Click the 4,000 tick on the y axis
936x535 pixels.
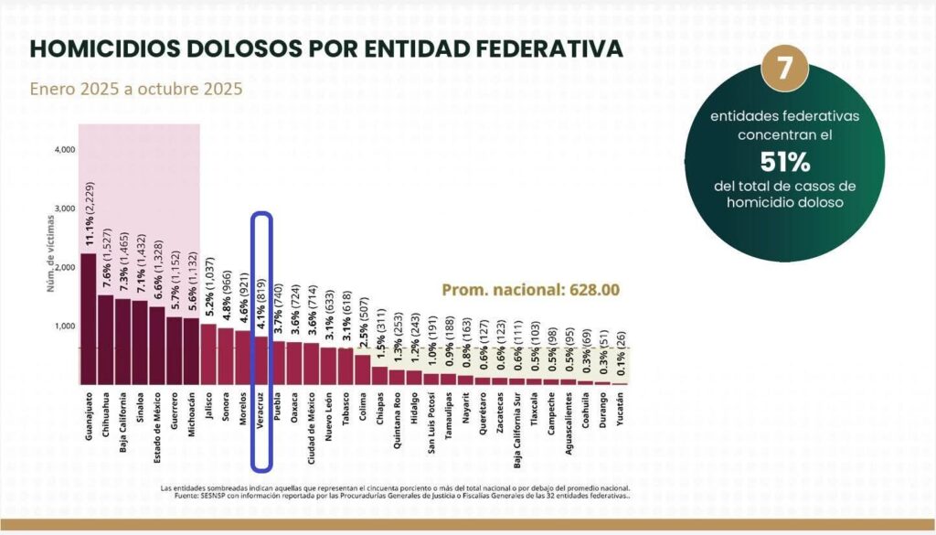pos(64,149)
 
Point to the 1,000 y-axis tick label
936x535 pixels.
pos(64,326)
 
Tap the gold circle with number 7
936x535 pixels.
pos(782,70)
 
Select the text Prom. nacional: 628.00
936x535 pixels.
pos(531,290)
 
